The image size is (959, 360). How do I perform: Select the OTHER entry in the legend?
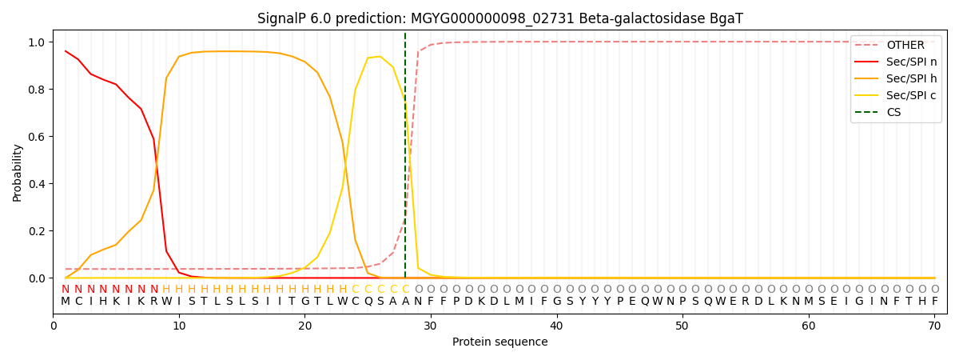(896, 45)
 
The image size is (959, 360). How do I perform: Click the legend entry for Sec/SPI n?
(896, 62)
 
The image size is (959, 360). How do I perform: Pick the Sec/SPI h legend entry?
(896, 78)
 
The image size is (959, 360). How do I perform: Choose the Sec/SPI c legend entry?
(896, 95)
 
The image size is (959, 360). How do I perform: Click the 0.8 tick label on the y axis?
(37, 90)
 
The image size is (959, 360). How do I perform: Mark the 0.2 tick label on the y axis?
(37, 231)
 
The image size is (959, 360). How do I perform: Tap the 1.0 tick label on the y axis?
(37, 42)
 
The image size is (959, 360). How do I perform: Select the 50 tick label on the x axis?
(682, 326)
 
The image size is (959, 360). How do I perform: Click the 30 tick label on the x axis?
(430, 326)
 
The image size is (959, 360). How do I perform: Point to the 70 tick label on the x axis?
(934, 326)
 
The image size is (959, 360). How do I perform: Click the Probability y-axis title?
(17, 173)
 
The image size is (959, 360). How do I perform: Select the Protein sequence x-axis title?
(500, 342)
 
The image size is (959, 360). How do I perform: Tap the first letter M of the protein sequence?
(66, 302)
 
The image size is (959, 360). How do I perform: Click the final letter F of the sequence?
(934, 302)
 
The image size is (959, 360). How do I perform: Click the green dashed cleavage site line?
(405, 155)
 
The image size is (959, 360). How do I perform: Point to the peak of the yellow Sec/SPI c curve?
(380, 57)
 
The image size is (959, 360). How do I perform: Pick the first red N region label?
(66, 290)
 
